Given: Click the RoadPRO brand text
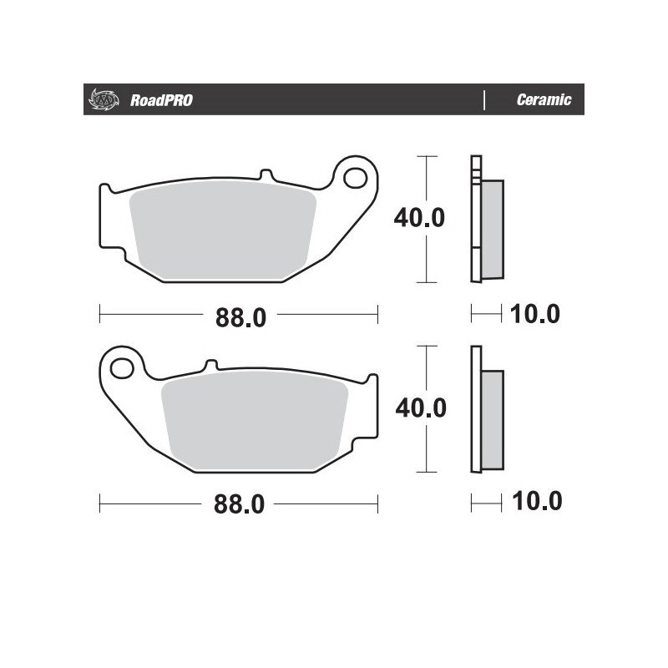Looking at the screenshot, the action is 161,100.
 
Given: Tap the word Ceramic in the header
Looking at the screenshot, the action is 544,99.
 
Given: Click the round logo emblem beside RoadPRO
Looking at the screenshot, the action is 104,99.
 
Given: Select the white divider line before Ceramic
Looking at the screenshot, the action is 484,99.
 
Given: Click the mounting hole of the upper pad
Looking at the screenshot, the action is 356,178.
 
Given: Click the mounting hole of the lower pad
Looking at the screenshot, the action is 122,368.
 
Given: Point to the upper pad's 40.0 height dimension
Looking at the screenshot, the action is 419,218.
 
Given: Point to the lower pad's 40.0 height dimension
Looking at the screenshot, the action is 421,407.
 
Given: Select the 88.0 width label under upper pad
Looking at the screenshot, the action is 240,317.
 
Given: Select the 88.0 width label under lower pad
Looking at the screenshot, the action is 239,504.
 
